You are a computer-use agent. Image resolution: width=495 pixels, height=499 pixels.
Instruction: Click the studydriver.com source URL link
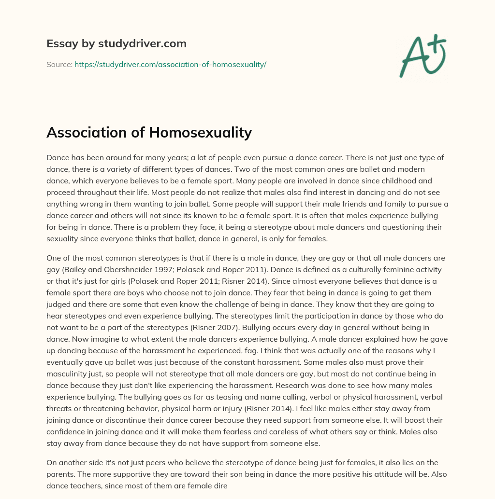pos(170,64)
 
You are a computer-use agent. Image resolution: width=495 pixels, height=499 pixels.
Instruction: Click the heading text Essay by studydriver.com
pos(116,44)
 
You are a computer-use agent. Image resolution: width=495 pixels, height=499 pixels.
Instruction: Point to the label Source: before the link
pos(59,64)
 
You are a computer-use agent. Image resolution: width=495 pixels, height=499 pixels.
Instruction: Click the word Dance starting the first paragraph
pos(57,158)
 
